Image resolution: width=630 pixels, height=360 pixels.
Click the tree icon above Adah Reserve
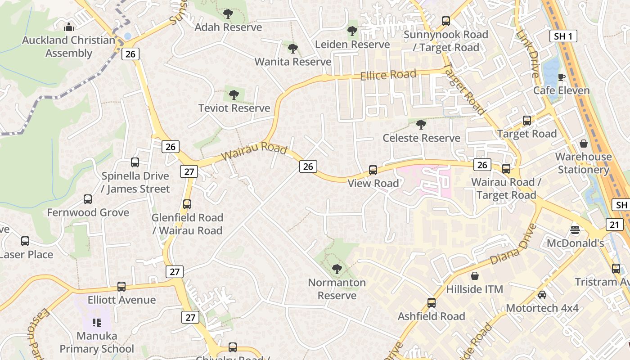tap(228, 14)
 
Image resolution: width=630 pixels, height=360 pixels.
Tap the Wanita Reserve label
tap(293, 62)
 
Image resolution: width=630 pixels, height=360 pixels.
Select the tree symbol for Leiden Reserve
tap(352, 31)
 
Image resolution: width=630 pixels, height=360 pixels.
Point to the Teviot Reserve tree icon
tap(234, 95)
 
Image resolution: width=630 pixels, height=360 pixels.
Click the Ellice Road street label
tap(388, 75)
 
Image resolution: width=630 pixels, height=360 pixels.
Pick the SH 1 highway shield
tap(563, 36)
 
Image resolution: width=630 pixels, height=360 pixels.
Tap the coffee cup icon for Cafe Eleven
tap(561, 77)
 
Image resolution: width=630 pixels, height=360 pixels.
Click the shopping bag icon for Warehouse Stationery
tap(584, 144)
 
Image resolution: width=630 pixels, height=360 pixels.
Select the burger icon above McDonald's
tap(575, 230)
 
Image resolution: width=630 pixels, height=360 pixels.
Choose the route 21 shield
tap(615, 225)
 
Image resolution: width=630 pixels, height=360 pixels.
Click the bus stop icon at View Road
tap(373, 170)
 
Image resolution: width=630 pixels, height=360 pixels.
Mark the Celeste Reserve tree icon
tap(421, 124)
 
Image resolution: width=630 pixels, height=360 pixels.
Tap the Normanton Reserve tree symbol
tap(337, 269)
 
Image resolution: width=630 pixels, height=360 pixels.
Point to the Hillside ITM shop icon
tap(474, 275)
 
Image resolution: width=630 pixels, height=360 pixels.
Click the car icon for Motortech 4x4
tap(542, 295)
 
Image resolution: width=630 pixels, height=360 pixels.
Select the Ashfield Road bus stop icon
tap(432, 303)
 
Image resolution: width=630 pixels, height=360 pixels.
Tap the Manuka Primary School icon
tap(96, 322)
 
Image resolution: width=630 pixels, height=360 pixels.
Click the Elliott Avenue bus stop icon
tap(121, 286)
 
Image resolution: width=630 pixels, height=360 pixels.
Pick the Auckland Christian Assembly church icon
tap(68, 27)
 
